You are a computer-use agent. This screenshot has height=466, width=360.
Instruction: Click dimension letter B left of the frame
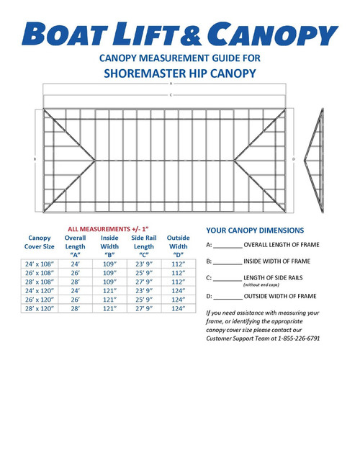coord(35,158)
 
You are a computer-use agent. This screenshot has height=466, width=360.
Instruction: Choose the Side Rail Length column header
coord(144,246)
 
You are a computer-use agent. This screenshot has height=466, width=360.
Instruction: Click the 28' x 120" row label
coord(40,308)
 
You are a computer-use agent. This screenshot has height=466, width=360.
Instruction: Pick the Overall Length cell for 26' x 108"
coord(76,273)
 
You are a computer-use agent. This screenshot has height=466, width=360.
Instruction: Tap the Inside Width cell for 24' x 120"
coord(110,290)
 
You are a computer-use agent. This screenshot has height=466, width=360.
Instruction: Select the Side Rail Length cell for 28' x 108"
coord(144,282)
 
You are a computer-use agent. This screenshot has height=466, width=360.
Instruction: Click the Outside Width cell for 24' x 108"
coord(179,264)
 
